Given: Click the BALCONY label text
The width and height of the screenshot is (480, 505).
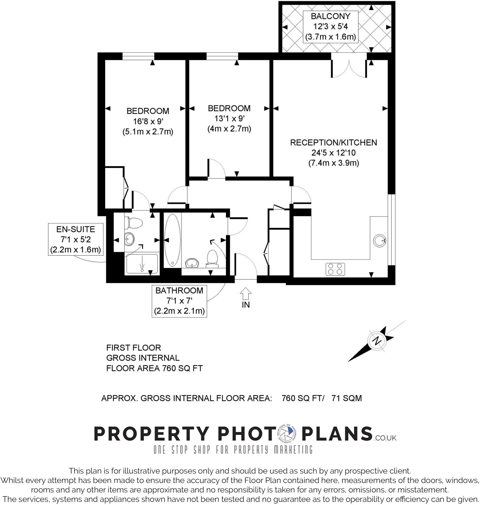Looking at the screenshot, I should pyautogui.click(x=330, y=16).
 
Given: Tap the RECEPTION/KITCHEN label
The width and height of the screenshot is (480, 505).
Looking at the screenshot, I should pyautogui.click(x=333, y=143).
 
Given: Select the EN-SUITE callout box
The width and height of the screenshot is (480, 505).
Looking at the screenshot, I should pyautogui.click(x=76, y=239).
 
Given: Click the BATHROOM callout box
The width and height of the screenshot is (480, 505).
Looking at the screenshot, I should pyautogui.click(x=179, y=301).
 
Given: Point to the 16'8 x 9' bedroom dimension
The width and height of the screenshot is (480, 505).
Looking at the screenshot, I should pyautogui.click(x=148, y=121).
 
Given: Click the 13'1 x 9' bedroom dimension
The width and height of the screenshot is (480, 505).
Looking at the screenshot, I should pyautogui.click(x=229, y=119).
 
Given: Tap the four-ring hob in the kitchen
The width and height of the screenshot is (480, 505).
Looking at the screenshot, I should pyautogui.click(x=335, y=269).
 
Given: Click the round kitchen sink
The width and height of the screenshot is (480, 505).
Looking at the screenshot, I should pyautogui.click(x=379, y=240).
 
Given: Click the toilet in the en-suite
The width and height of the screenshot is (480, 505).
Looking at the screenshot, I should pyautogui.click(x=134, y=223).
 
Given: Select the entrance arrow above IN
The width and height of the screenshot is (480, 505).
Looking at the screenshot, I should pyautogui.click(x=246, y=293).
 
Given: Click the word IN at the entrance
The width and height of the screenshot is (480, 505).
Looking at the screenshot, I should pyautogui.click(x=246, y=305).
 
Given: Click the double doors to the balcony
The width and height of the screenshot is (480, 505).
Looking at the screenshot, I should pyautogui.click(x=349, y=68).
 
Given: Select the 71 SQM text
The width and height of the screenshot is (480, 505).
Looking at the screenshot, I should pyautogui.click(x=347, y=398).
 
